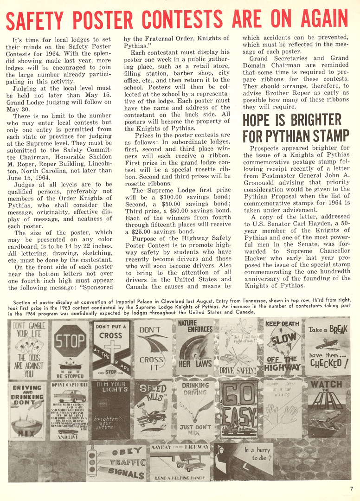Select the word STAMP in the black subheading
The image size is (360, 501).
click(x=330, y=136)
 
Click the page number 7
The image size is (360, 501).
click(x=352, y=488)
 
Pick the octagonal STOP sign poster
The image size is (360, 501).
click(x=70, y=348)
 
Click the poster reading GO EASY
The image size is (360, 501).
click(x=238, y=409)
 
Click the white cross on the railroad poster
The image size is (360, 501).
click(x=111, y=349)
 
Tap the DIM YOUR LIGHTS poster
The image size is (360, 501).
click(x=111, y=410)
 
